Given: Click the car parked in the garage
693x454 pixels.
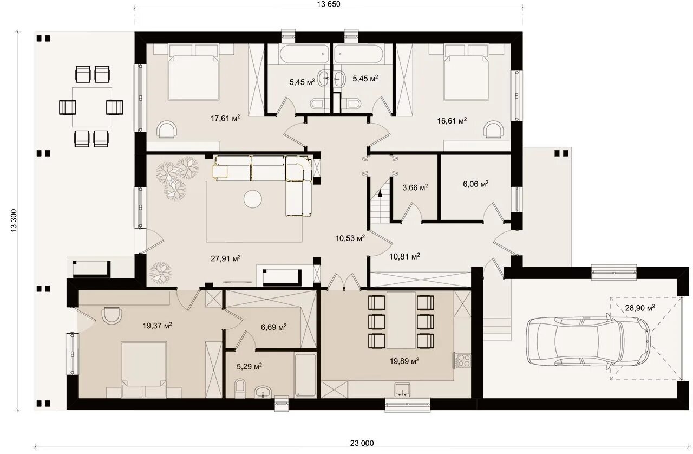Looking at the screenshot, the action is (588, 341).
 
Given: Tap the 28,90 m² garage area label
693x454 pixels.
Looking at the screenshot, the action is (640, 308).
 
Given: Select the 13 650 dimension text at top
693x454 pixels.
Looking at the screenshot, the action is (329, 4).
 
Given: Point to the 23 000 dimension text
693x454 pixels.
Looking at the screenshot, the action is (362, 443).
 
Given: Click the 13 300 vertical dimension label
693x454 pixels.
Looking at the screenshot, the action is (14, 220).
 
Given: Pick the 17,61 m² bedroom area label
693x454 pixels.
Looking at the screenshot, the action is (225, 118).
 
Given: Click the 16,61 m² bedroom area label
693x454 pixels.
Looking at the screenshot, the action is (452, 120).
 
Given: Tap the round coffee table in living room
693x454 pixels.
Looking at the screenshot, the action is (253, 199).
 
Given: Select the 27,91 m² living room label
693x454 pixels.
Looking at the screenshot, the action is (226, 258).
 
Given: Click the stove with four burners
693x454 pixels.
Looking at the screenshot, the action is (463, 360).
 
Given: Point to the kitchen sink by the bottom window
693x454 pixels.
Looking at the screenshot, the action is (402, 390).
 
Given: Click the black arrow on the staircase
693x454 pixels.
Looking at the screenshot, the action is (380, 193).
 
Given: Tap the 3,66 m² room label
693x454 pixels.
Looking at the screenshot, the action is (415, 187).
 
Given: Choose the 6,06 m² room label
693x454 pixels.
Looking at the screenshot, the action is (475, 184).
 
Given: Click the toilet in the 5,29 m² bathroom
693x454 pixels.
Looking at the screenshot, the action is (240, 388).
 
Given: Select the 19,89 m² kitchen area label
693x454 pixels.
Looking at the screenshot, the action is (404, 361).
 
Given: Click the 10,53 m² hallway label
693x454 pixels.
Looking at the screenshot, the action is (350, 238).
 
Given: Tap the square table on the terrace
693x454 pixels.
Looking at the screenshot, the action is (92, 107).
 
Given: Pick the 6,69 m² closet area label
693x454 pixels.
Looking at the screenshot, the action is (273, 327).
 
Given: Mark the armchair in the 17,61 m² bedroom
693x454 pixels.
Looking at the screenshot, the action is (167, 129).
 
